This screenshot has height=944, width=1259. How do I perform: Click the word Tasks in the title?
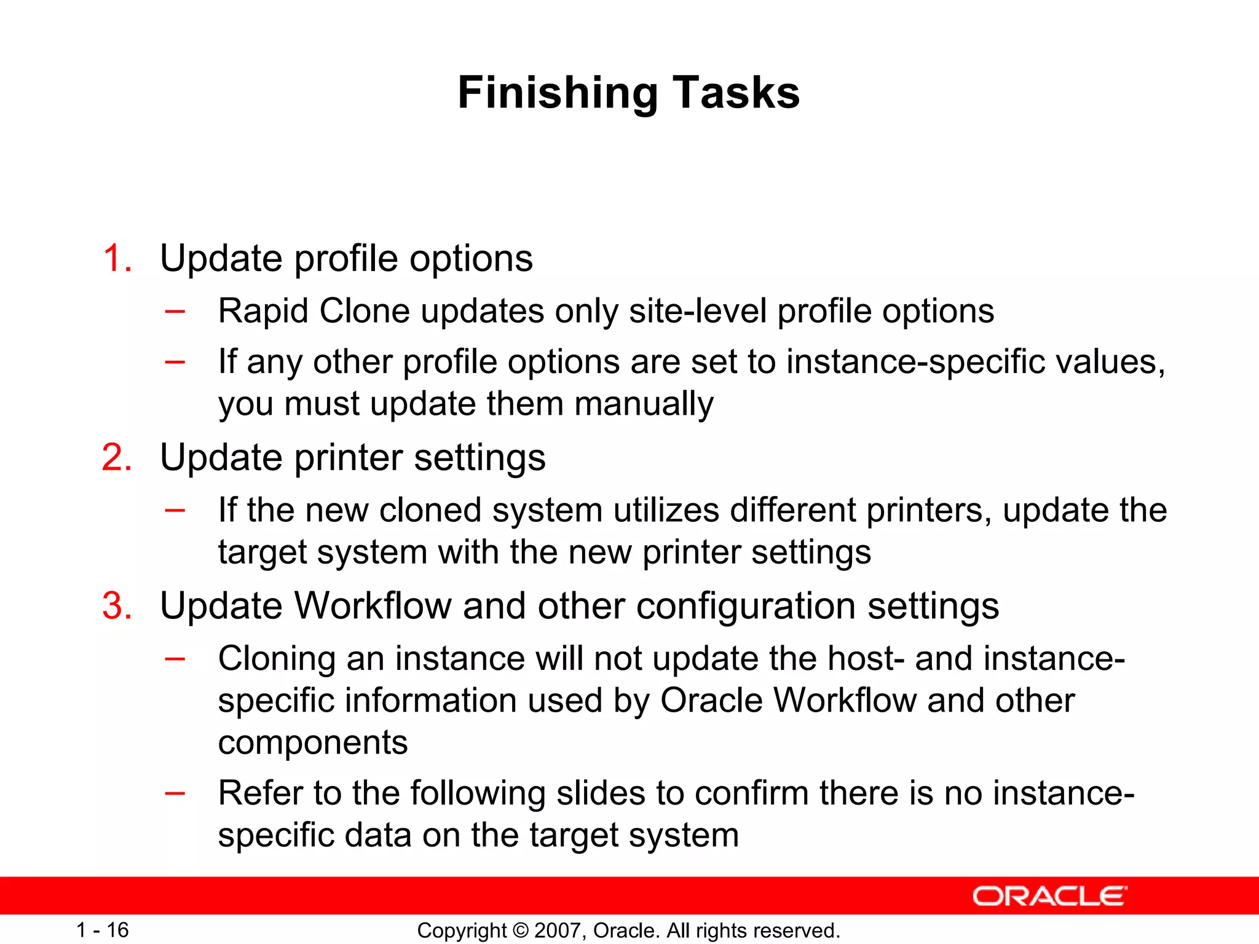click(736, 93)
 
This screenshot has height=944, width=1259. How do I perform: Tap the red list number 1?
click(117, 258)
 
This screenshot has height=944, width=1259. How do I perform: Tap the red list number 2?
click(117, 458)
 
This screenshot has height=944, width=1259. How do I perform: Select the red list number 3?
click(117, 606)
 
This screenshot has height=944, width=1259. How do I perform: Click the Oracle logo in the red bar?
click(1049, 896)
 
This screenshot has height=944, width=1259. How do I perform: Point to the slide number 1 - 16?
click(102, 930)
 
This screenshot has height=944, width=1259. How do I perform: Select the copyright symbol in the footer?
click(520, 930)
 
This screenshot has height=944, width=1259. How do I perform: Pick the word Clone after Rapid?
click(364, 311)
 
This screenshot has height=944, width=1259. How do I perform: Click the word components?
click(312, 743)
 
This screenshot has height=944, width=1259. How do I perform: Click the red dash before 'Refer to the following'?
click(175, 792)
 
